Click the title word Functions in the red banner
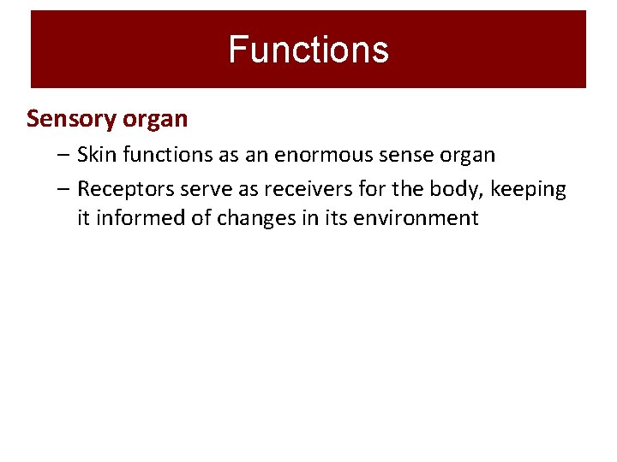(x=308, y=50)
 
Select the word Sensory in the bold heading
(x=65, y=119)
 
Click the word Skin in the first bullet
(x=95, y=155)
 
